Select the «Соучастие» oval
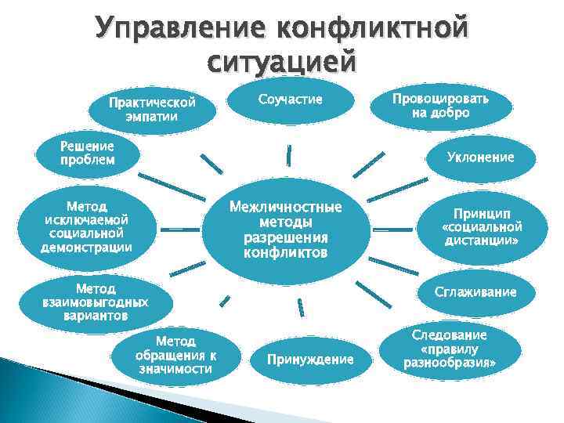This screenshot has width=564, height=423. pyautogui.click(x=290, y=99)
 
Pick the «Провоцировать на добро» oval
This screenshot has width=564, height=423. pyautogui.click(x=440, y=106)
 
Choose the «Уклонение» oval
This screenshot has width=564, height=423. pyautogui.click(x=480, y=157)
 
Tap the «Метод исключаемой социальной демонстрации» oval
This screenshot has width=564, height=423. pyautogui.click(x=86, y=227)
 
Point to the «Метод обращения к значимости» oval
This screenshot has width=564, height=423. pyautogui.click(x=175, y=355)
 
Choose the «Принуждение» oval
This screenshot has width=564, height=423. pyautogui.click(x=310, y=360)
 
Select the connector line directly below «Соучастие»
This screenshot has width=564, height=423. pyautogui.click(x=289, y=154)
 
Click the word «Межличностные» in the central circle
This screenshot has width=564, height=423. pyautogui.click(x=285, y=208)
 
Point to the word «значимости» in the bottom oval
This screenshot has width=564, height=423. pyautogui.click(x=175, y=369)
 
